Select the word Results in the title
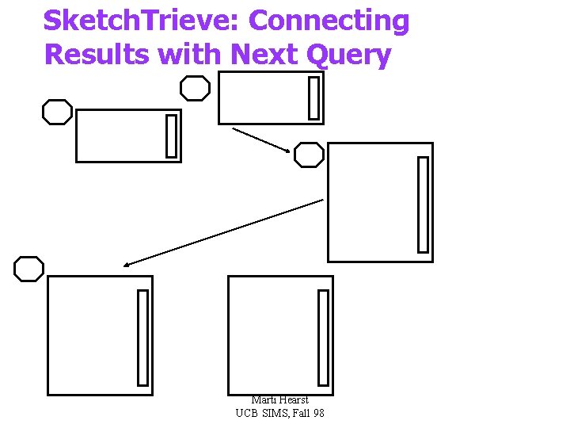(x=97, y=55)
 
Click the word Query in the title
(x=351, y=55)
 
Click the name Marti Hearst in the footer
(x=279, y=400)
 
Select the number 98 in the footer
(x=317, y=413)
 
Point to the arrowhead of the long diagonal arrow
(x=127, y=264)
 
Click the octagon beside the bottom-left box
(x=29, y=269)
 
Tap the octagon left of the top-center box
(x=195, y=88)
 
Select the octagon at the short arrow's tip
(x=309, y=155)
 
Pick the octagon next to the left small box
(x=57, y=113)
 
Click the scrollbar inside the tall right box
(x=423, y=204)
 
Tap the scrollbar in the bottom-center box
(x=323, y=337)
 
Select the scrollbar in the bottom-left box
(x=142, y=337)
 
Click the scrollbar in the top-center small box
(x=314, y=97)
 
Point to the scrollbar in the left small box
(x=171, y=136)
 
